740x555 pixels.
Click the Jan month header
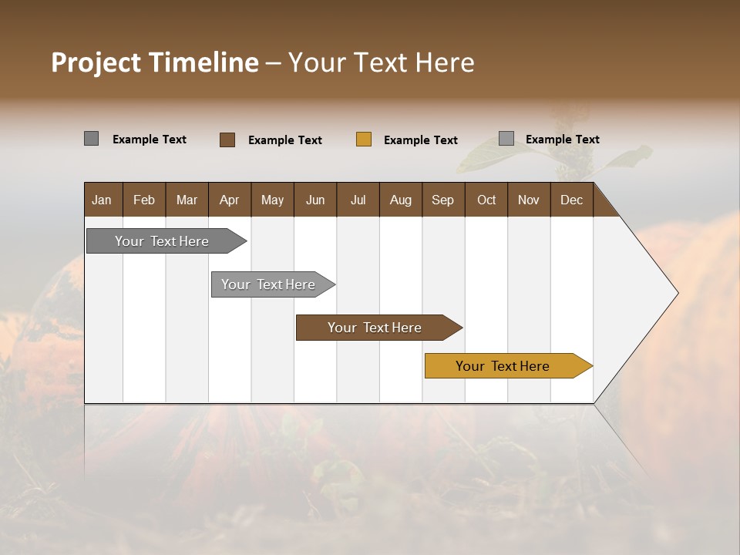coord(102,200)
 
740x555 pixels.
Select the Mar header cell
coord(187,200)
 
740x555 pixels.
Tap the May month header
coord(272,200)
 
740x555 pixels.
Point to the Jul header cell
coord(358,200)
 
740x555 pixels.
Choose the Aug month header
coord(400,200)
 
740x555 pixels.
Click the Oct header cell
coord(486,200)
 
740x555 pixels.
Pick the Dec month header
coord(571,200)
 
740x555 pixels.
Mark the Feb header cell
coord(144,200)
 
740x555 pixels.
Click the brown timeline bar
coord(375,328)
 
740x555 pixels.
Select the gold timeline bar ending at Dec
coord(503,366)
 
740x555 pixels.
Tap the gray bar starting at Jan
coord(162,241)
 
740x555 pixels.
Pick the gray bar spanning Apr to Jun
coord(268,284)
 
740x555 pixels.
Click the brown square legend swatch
coord(227,140)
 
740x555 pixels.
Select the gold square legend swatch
coord(364,140)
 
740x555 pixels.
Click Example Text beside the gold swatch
coord(421,140)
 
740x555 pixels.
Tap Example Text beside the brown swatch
coord(285,140)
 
